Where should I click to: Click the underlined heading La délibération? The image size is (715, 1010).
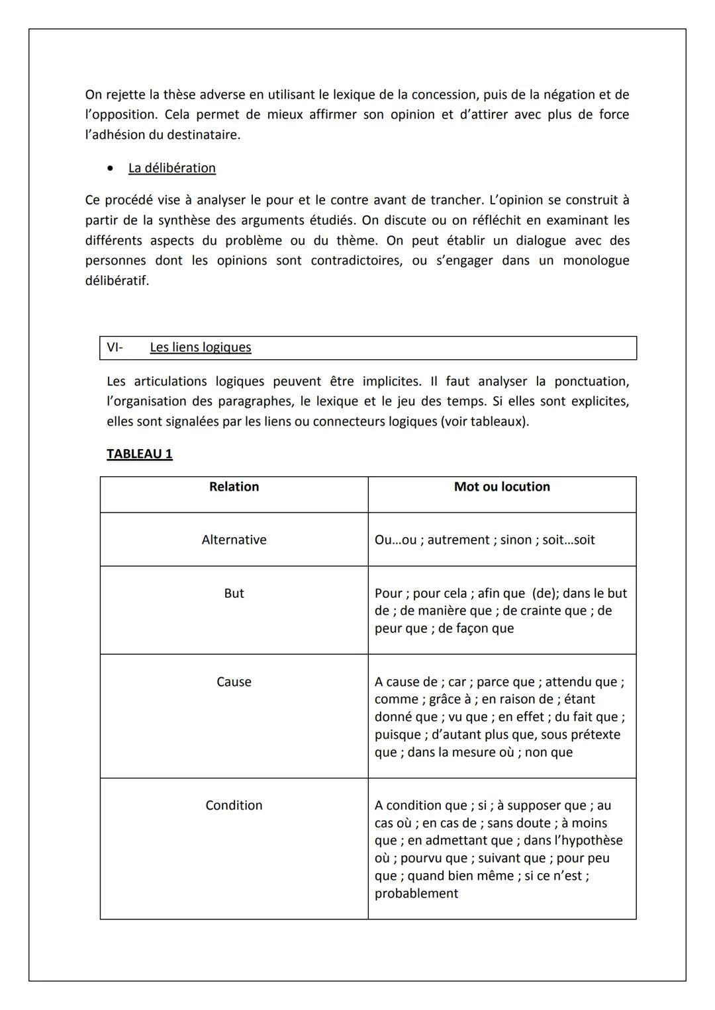pos(171,168)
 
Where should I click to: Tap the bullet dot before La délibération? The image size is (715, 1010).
pos(110,168)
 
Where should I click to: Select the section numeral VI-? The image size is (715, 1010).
pos(115,347)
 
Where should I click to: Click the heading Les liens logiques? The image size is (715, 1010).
pos(201,347)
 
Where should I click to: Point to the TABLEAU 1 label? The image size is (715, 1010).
pos(139,454)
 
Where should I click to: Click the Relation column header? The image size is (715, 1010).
pos(234,487)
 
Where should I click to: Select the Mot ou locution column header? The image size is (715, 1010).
pos(502,487)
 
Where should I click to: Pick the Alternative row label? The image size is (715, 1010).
pos(234,540)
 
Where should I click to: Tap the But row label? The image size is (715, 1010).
pos(234,593)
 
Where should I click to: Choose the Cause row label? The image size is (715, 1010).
pos(234,682)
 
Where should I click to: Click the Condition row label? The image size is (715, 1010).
pos(234,806)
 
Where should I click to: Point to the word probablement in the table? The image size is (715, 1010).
pos(416,894)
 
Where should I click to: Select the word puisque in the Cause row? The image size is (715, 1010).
pos(397,735)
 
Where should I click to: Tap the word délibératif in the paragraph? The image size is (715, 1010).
pos(117,280)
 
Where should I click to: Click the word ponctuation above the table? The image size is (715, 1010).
pos(589,382)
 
